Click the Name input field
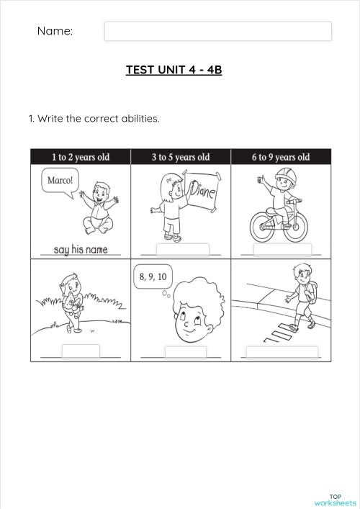pyautogui.click(x=217, y=31)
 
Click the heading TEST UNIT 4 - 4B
pyautogui.click(x=174, y=70)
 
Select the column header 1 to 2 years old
pyautogui.click(x=80, y=157)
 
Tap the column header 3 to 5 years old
pyautogui.click(x=181, y=157)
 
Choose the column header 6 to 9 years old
pyautogui.click(x=281, y=157)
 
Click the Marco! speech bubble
pyautogui.click(x=60, y=181)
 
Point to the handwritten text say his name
pyautogui.click(x=80, y=250)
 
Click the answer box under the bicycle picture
pyautogui.click(x=283, y=249)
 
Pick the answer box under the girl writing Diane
pyautogui.click(x=182, y=249)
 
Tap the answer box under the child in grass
pyautogui.click(x=81, y=351)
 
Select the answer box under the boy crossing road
pyautogui.click(x=282, y=352)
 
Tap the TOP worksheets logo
pyautogui.click(x=336, y=500)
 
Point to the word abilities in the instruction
pyautogui.click(x=139, y=118)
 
